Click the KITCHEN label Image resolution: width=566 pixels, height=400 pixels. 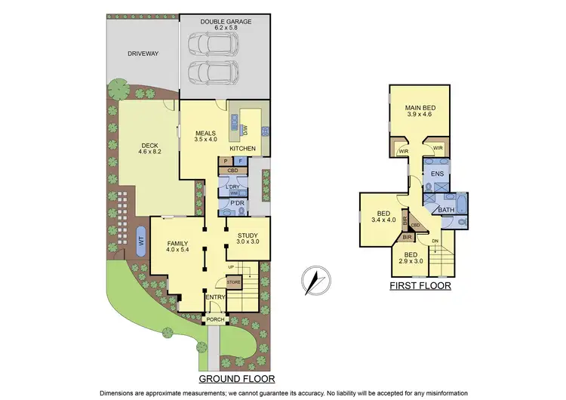250,149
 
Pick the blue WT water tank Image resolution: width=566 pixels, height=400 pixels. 140,242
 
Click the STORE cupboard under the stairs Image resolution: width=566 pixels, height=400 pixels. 233,282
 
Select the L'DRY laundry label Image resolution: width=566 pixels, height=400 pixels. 232,186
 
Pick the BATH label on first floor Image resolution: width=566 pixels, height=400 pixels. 446,211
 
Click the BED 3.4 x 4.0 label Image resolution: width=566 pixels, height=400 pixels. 380,215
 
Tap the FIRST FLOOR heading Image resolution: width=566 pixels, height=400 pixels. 420,287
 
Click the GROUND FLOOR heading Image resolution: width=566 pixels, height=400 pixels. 236,378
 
